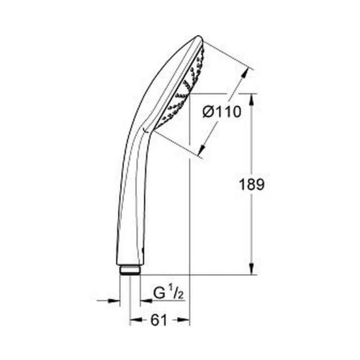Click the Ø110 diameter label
(222, 112)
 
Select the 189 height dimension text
(252, 184)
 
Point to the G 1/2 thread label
(169, 292)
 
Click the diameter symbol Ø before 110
(208, 112)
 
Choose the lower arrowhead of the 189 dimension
(252, 269)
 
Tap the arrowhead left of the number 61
(136, 320)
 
